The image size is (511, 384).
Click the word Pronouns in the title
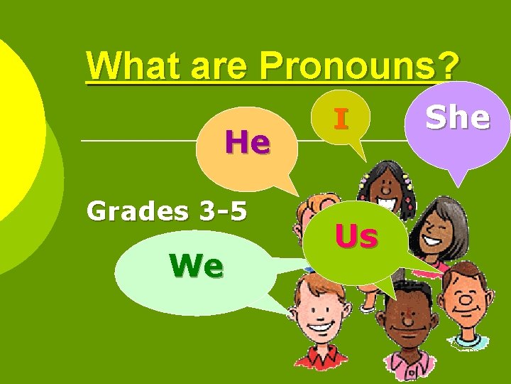348,67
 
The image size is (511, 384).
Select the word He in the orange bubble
247,143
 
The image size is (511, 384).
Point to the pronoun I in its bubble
341,119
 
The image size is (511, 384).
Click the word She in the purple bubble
458,118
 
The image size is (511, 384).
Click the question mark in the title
446,67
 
